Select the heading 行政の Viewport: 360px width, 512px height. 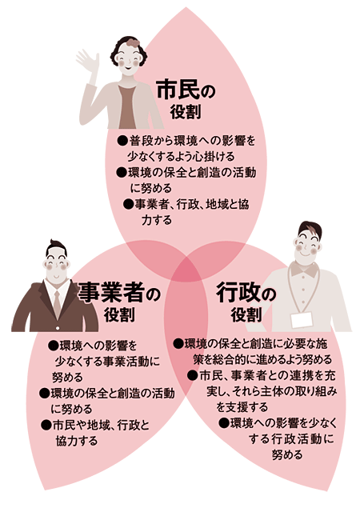click(x=246, y=292)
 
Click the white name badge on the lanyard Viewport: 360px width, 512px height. click(x=301, y=319)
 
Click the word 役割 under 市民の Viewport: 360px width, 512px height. click(x=186, y=112)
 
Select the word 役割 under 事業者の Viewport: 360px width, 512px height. click(x=119, y=314)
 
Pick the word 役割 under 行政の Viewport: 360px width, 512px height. click(x=246, y=314)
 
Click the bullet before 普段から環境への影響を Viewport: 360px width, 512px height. click(x=122, y=141)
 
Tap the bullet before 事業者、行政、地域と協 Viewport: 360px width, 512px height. click(x=128, y=205)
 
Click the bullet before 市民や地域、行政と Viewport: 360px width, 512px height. click(x=46, y=425)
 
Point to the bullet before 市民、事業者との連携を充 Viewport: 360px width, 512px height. click(x=193, y=375)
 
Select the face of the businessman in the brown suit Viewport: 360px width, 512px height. click(x=56, y=266)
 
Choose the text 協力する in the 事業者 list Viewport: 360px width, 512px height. click(x=77, y=441)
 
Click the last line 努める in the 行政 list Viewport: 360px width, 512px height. click(x=287, y=455)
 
